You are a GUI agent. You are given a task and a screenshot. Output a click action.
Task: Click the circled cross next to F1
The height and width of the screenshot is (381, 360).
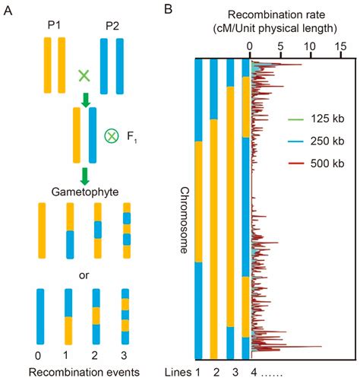click(112, 136)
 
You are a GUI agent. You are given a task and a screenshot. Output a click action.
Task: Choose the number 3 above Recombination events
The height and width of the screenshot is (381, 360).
click(124, 355)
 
